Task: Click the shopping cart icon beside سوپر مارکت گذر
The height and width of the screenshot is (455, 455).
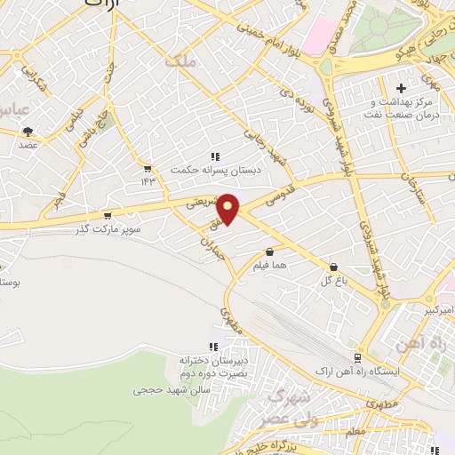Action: tap(108, 215)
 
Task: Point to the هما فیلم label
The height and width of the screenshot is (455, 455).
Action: tap(267, 266)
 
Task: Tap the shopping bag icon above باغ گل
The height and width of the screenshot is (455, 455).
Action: tap(333, 266)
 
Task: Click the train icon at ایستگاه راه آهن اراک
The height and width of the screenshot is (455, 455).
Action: tap(357, 357)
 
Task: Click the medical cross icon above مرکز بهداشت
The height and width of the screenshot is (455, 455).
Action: tap(401, 88)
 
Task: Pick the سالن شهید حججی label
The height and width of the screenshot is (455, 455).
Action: tap(172, 389)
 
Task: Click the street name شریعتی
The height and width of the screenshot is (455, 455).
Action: tap(202, 202)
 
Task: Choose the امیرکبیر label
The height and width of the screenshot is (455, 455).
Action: tap(435, 309)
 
